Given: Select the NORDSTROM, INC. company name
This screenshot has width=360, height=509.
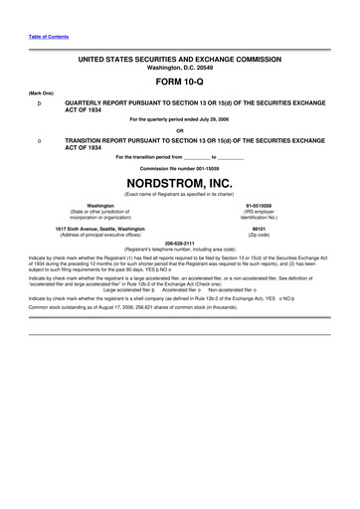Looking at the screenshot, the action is pyautogui.click(x=180, y=184).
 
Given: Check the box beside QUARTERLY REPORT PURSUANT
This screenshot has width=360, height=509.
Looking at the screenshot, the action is pyautogui.click(x=38, y=102).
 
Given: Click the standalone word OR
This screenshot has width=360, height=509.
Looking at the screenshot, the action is pyautogui.click(x=180, y=130).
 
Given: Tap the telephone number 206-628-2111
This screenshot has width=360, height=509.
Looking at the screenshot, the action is pyautogui.click(x=180, y=242).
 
